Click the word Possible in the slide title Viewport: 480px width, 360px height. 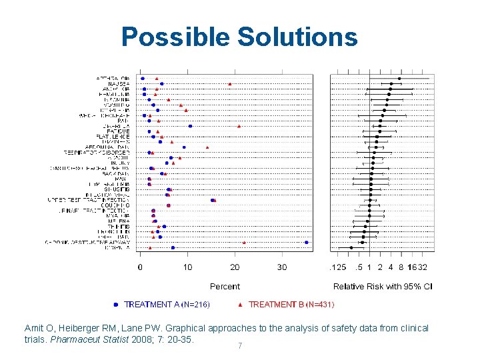click(175, 37)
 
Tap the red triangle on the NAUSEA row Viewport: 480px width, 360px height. click(230, 84)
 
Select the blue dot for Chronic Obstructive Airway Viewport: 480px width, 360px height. click(306, 242)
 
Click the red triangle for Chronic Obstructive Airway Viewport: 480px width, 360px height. click(244, 242)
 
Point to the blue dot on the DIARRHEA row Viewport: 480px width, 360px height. click(190, 126)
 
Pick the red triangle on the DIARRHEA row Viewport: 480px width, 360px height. click(239, 126)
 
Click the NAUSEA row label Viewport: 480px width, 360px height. click(119, 84)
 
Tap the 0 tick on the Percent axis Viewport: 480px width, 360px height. click(140, 267)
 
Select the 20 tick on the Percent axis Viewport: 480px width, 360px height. click(235, 267)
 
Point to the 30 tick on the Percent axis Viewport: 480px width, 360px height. click(282, 267)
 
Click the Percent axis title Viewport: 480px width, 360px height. click(225, 286)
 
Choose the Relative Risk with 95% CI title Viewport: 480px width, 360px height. click(383, 286)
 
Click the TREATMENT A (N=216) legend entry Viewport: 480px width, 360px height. click(167, 305)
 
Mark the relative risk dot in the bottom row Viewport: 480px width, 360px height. click(351, 247)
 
